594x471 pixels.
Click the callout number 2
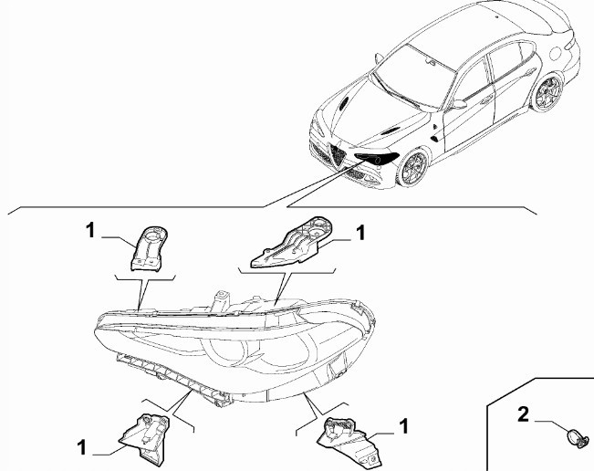coord(523,414)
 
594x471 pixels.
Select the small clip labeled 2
coord(578,437)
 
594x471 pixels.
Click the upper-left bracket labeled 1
coord(149,248)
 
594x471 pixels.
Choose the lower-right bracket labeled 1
coord(349,442)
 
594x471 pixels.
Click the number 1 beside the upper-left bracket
coord(90,230)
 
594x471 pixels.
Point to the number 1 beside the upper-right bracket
coord(360,232)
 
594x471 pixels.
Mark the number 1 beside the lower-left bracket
coord(82,447)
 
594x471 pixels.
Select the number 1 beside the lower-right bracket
coord(404,426)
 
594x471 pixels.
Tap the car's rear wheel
coord(547,92)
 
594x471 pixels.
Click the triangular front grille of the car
coord(338,153)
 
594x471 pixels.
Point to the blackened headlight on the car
coord(376,158)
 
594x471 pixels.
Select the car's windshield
coord(415,76)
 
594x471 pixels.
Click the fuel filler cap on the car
coord(555,53)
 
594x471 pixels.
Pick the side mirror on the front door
coord(458,104)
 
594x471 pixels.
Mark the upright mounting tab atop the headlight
coord(222,299)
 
